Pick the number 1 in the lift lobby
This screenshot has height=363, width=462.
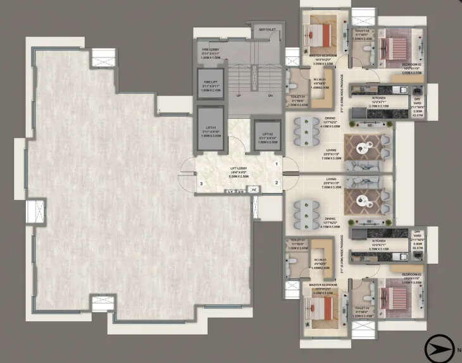[x=277, y=164]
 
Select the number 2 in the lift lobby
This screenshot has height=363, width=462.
[x=277, y=183]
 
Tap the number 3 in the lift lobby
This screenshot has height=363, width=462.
[x=201, y=184]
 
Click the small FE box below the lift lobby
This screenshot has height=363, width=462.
[x=253, y=190]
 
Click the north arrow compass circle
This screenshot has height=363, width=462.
[x=435, y=347]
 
